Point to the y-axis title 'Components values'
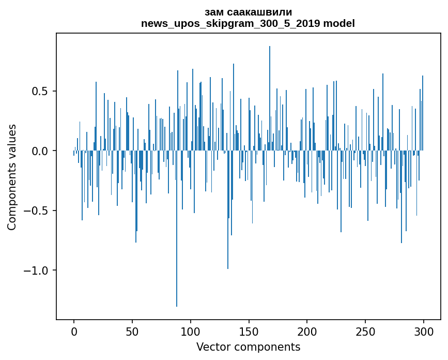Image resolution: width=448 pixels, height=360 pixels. coord(12,177)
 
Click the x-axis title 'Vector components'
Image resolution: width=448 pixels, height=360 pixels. coord(248,347)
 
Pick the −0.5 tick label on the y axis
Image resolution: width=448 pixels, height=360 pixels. coord(38,211)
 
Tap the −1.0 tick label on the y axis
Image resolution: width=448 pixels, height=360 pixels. coord(38,271)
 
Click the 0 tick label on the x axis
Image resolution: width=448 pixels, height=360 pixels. coord(74,331)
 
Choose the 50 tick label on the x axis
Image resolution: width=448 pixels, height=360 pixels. coord(132,331)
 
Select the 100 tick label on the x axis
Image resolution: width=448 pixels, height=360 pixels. coord(191,331)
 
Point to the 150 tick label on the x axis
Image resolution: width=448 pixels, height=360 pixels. coord(249,331)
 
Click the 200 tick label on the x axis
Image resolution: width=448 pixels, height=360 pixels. coord(307,331)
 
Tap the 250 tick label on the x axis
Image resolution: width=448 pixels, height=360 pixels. coord(365,331)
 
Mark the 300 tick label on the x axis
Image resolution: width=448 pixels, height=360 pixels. coord(424,331)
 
